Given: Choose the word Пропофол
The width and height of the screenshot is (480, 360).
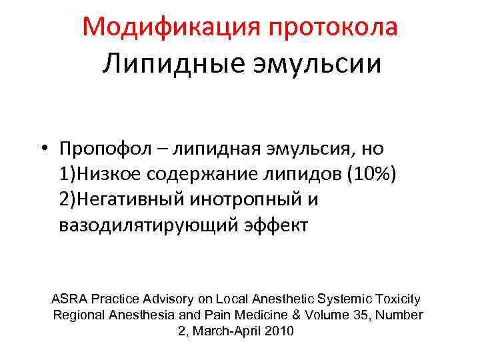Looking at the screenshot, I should pos(97,148).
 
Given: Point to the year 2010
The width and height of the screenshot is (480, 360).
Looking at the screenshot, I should pos(279,330).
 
